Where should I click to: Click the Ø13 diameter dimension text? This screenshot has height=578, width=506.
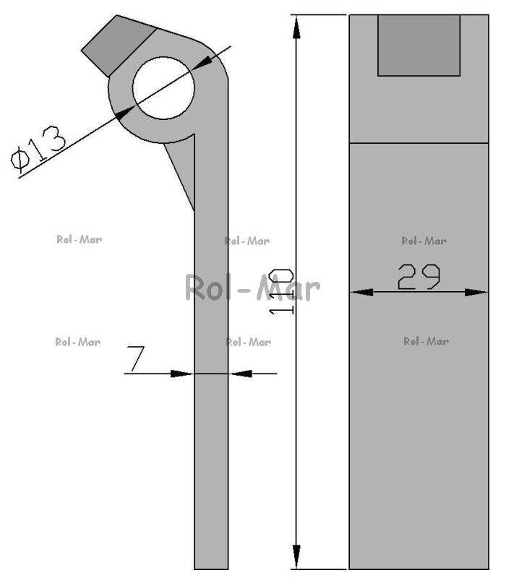point(39,148)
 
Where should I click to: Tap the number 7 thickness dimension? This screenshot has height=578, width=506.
point(136,358)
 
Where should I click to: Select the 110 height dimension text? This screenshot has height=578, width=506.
point(281,292)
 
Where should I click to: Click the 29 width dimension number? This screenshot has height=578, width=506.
point(419,277)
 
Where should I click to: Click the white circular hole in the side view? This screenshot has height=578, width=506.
point(163,87)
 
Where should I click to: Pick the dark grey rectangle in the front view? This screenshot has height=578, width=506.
point(419,46)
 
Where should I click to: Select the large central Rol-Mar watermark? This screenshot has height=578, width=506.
point(252,288)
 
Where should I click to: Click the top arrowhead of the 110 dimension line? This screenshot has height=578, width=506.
point(296,27)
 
